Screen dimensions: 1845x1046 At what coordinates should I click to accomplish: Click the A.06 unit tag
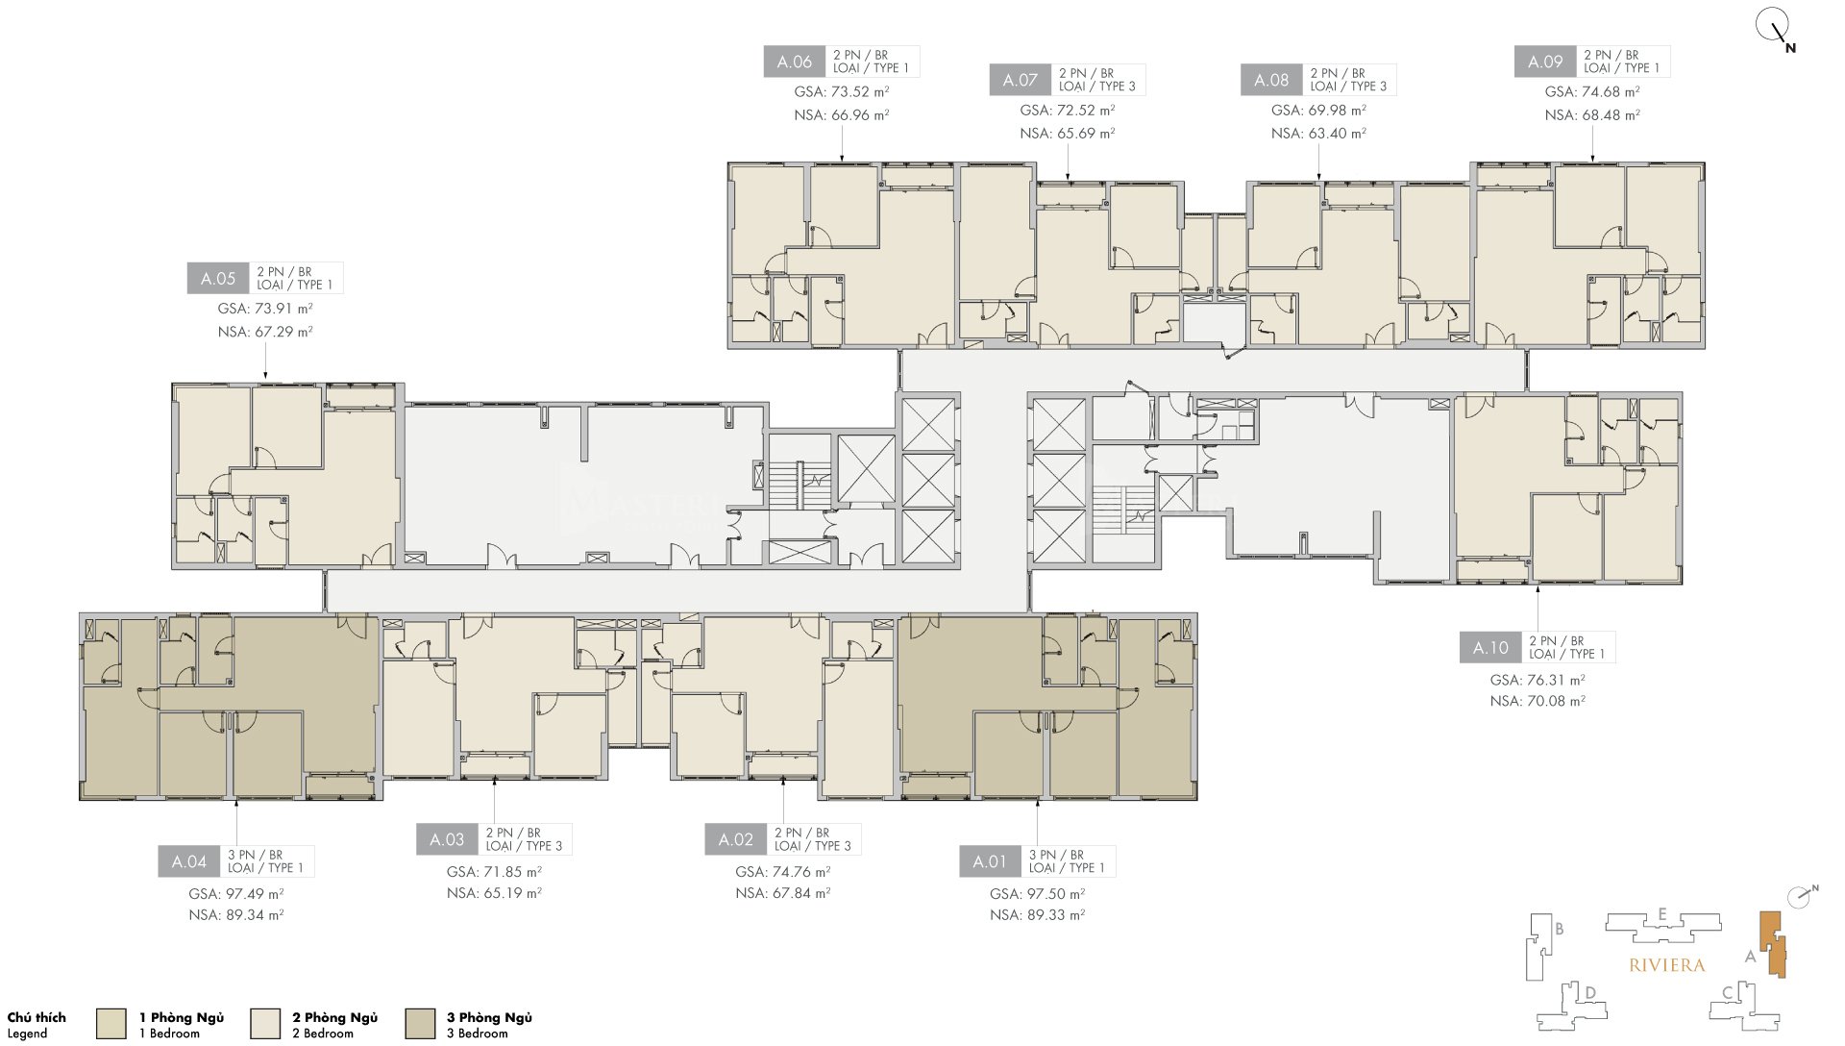point(795,62)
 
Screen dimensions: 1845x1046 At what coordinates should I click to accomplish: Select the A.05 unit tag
point(218,279)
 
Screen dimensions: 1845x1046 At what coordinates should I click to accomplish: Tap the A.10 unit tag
point(1490,648)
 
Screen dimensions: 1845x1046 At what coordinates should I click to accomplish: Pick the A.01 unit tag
point(990,861)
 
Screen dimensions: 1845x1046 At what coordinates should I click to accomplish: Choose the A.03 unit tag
point(447,839)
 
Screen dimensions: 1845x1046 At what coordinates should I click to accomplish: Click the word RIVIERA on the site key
point(1667,965)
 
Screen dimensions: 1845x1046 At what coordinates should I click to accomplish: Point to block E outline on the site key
point(1662,926)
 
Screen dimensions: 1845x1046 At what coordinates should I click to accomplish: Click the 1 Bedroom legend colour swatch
point(111,1024)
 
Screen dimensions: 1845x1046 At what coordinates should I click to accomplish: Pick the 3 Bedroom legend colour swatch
point(420,1024)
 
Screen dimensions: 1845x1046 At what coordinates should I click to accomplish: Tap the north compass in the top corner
point(1774,27)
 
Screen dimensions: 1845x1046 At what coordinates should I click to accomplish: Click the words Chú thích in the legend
point(37,1017)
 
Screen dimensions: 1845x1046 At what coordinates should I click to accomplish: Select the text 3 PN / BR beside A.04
point(255,855)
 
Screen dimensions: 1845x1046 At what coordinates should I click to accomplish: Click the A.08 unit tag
point(1271,80)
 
